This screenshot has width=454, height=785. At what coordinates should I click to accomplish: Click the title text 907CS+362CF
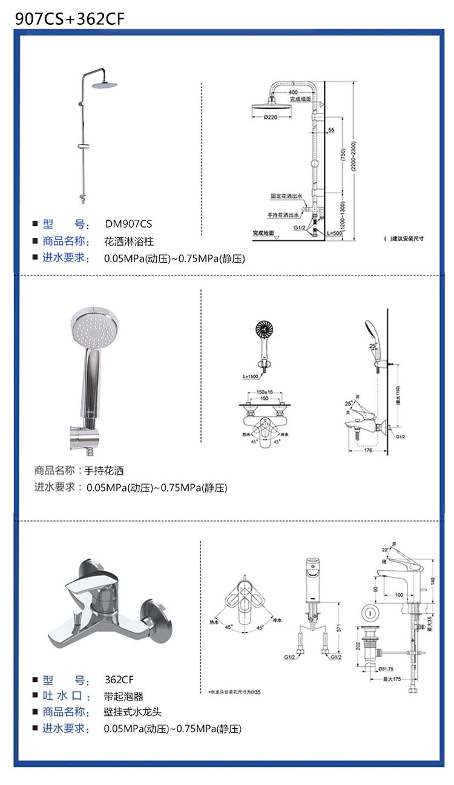click(70, 18)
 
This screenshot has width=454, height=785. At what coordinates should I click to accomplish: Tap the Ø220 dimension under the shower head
click(271, 117)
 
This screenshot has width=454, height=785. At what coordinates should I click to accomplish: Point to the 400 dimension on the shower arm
click(294, 92)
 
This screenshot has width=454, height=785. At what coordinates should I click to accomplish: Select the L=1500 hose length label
click(251, 377)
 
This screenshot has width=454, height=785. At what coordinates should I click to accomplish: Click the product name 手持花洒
click(104, 470)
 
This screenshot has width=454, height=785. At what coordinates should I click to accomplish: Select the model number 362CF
click(119, 679)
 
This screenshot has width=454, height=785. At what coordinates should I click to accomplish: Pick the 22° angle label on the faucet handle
click(385, 550)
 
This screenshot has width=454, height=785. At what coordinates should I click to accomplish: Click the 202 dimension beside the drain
click(357, 646)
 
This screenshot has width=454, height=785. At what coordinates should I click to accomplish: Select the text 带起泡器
click(123, 696)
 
